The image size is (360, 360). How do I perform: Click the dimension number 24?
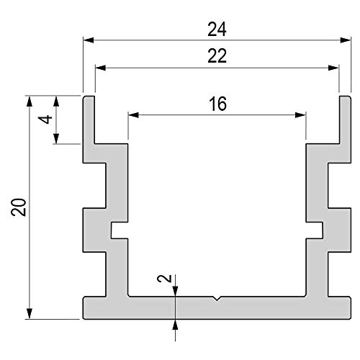tap(217, 30)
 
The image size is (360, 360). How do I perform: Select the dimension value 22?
tap(217, 56)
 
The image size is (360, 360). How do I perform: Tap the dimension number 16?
tap(217, 104)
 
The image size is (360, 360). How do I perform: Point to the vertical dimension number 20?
tap(18, 207)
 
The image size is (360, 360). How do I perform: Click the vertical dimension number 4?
tap(45, 120)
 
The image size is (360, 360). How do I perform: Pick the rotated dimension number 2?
tap(164, 279)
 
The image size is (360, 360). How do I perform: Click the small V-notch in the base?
tap(217, 299)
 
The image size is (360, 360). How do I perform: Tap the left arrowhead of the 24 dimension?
tap(89, 40)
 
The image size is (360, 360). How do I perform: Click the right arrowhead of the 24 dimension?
tap(346, 40)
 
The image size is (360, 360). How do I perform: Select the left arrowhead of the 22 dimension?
tap(101, 68)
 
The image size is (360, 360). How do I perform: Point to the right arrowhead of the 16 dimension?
tap(300, 115)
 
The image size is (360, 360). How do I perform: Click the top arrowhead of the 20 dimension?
tap(30, 101)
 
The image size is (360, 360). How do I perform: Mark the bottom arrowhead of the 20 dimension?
tap(30, 314)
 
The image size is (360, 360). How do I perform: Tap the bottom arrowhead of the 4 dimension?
tap(56, 139)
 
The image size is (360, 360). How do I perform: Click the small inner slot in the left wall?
tap(120, 230)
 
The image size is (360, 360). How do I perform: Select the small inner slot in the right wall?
tap(314, 230)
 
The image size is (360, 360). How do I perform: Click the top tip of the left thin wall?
tap(89, 96)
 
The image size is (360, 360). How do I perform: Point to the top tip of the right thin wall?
tap(346, 96)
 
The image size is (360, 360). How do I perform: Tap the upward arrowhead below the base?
tap(176, 325)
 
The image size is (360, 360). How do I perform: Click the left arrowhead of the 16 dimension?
tap(133, 115)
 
